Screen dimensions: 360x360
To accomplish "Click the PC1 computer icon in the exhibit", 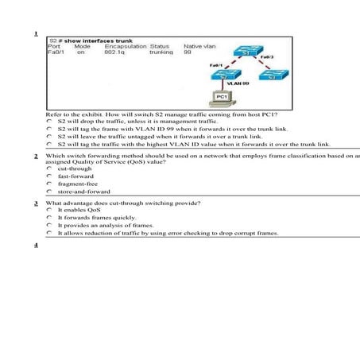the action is pyautogui.click(x=223, y=101).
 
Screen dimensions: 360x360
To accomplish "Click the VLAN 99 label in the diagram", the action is pyautogui.click(x=238, y=82).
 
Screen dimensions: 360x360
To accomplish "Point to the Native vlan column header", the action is pyautogui.click(x=199, y=46).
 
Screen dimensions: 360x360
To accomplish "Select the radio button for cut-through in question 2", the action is pyautogui.click(x=49, y=169).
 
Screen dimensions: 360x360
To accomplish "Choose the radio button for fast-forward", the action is pyautogui.click(x=49, y=176).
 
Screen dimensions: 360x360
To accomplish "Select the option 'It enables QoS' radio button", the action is pyautogui.click(x=49, y=211).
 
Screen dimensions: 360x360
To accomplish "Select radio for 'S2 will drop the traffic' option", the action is pyautogui.click(x=49, y=122).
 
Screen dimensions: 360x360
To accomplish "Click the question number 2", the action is pyautogui.click(x=37, y=156).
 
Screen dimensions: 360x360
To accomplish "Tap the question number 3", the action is pyautogui.click(x=37, y=203).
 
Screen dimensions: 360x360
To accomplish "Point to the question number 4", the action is pyautogui.click(x=37, y=245).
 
